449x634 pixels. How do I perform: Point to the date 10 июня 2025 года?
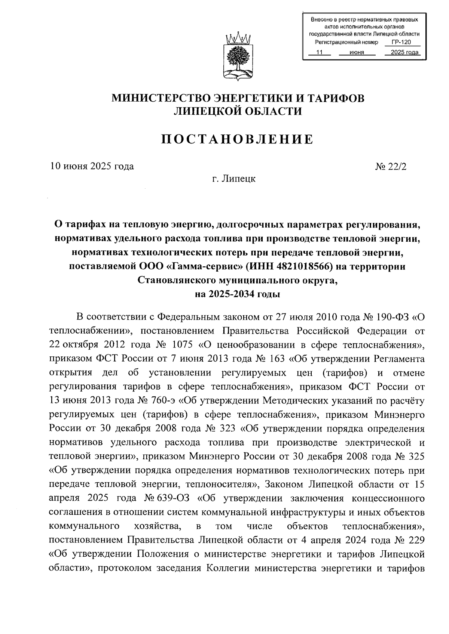click(x=92, y=166)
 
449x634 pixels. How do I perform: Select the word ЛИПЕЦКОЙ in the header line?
click(x=208, y=111)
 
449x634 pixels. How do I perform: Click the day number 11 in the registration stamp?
click(x=319, y=53)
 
